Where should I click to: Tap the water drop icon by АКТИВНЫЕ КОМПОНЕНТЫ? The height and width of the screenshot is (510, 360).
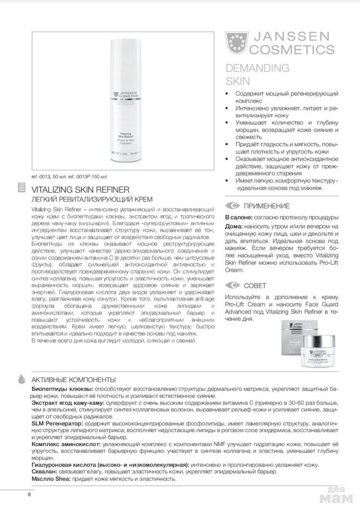(21, 379)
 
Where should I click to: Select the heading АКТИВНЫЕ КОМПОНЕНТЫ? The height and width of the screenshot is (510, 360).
(73, 379)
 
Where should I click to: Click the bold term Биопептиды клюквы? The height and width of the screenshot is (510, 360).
(59, 388)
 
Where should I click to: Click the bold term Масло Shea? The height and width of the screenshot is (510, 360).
(51, 478)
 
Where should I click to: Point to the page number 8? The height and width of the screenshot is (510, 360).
(29, 494)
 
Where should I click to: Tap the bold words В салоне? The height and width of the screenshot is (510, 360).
(241, 218)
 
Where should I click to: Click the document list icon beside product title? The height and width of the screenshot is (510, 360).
(21, 188)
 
